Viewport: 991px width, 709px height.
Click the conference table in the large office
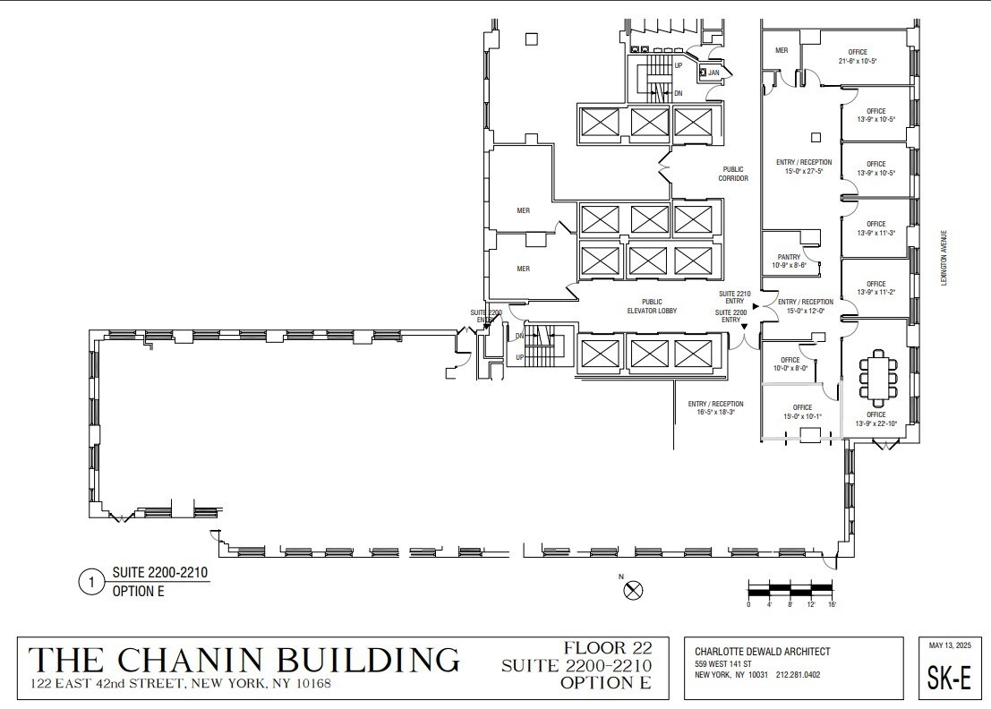pyautogui.click(x=877, y=377)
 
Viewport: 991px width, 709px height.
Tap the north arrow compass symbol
pyautogui.click(x=634, y=589)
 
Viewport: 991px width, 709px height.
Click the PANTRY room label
pyautogui.click(x=790, y=261)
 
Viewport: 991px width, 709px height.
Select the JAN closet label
pyautogui.click(x=714, y=73)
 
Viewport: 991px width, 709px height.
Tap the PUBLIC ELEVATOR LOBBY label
pyautogui.click(x=652, y=306)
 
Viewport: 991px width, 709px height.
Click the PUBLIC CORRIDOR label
pyautogui.click(x=732, y=173)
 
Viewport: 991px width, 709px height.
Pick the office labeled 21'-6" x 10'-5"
pyautogui.click(x=857, y=56)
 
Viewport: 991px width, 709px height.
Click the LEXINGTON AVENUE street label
pyautogui.click(x=943, y=258)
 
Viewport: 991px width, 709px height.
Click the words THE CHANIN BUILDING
pyautogui.click(x=244, y=660)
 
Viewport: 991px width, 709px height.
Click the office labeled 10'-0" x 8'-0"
pyautogui.click(x=790, y=363)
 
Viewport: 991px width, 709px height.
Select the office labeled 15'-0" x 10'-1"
pyautogui.click(x=801, y=411)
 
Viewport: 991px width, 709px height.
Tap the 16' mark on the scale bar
pyautogui.click(x=832, y=605)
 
